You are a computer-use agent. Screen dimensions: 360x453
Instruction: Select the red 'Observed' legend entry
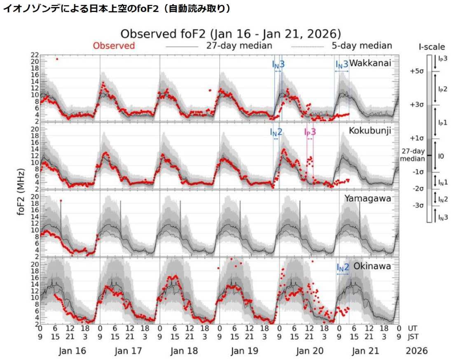point(114,45)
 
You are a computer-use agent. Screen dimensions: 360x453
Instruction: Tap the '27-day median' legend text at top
point(239,45)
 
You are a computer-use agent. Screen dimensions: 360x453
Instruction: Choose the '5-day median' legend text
point(362,45)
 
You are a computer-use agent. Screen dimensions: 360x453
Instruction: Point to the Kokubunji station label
point(370,130)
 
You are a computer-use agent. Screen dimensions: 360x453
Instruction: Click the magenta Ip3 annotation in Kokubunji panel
point(310,132)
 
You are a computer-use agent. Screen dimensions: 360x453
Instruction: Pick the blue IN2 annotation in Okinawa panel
point(343,267)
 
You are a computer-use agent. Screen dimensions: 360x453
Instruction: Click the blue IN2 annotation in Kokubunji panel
point(276,132)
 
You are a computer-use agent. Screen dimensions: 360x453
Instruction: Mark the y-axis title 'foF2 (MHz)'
point(21,189)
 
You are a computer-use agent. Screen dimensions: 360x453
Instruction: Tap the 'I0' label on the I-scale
point(440,156)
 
